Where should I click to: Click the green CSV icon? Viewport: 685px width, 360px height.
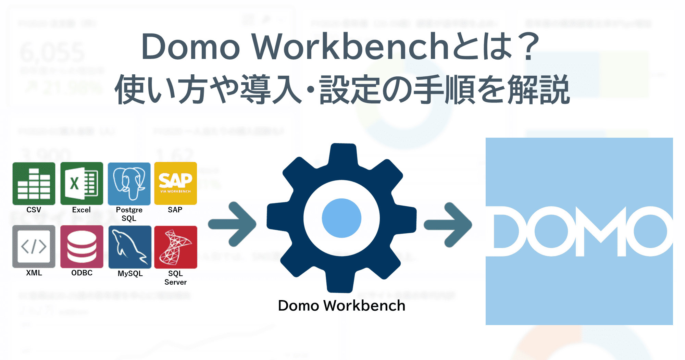coord(34,184)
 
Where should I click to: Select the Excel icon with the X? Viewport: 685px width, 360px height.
coord(82,184)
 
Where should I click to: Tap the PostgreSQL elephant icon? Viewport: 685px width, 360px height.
coord(129,184)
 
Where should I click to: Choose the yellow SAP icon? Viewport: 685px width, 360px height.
coord(175,184)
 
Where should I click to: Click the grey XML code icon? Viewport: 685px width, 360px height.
coord(34,246)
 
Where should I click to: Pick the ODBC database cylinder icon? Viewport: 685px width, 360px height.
coord(82,246)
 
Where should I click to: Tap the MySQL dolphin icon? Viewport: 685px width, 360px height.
coord(130,247)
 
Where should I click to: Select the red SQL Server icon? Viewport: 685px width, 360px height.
coord(175,247)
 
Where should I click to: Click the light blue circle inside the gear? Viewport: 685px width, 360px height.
coord(341,218)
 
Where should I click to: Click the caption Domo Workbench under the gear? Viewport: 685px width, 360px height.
coord(341,306)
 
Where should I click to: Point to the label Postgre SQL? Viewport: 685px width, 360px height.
coord(129,214)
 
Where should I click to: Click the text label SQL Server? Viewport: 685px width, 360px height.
coord(175,278)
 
